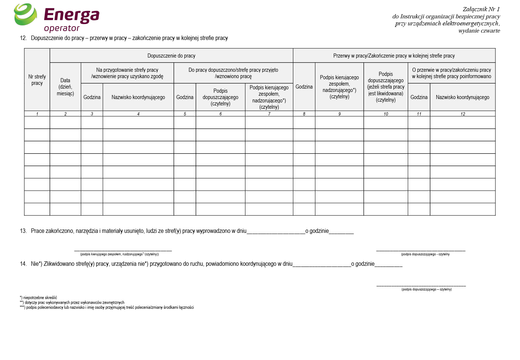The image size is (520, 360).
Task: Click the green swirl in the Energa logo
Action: pyautogui.click(x=25, y=15)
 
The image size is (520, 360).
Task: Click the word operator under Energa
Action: pyautogui.click(x=62, y=28)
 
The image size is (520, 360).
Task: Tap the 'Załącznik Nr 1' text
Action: pyautogui.click(x=481, y=9)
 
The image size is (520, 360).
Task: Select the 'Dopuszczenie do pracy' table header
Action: pyautogui.click(x=171, y=56)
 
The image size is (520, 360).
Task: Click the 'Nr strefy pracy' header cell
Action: pyautogui.click(x=37, y=80)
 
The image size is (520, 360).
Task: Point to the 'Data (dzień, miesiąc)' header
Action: pyautogui.click(x=65, y=87)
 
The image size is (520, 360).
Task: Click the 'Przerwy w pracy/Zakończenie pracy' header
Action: pyautogui.click(x=394, y=56)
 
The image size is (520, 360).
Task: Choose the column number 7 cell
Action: pyautogui.click(x=269, y=114)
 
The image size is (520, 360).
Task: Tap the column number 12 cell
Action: pyautogui.click(x=463, y=114)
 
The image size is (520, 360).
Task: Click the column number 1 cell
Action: pyautogui.click(x=37, y=114)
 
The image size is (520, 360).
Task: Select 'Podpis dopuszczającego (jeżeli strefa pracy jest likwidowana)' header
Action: pyautogui.click(x=386, y=87)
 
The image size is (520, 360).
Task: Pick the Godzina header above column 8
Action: pyautogui.click(x=304, y=87)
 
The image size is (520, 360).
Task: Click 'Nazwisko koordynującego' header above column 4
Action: pyautogui.click(x=138, y=97)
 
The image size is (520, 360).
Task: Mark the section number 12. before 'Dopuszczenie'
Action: pyautogui.click(x=23, y=38)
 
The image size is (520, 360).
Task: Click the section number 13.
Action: pyautogui.click(x=23, y=231)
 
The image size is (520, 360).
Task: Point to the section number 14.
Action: pyautogui.click(x=23, y=264)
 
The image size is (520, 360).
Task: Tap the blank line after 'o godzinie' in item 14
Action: pyautogui.click(x=388, y=265)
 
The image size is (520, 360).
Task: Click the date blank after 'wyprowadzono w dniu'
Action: pyautogui.click(x=276, y=232)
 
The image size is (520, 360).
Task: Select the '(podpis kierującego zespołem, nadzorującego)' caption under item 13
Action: pyautogui.click(x=119, y=254)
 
